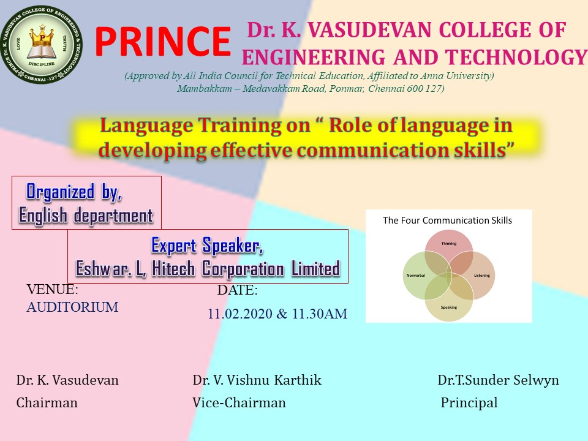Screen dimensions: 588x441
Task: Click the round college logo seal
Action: [x=41, y=44]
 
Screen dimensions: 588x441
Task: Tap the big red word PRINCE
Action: [x=163, y=41]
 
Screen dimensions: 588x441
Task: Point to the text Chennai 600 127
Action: [x=405, y=88]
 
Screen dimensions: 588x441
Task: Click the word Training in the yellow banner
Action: [x=239, y=126]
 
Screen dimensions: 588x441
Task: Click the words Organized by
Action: [x=74, y=192]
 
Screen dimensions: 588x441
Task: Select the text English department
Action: [x=86, y=216]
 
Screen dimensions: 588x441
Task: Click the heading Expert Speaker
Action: [x=207, y=246]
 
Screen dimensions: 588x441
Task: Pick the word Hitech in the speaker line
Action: [x=173, y=269]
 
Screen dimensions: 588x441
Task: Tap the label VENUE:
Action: [x=53, y=289]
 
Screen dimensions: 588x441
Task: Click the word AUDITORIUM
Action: [x=72, y=307]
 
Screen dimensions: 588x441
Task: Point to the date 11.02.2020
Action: [x=240, y=314]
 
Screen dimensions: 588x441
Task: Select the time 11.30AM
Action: [x=320, y=314]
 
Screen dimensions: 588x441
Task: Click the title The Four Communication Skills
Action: [x=447, y=220]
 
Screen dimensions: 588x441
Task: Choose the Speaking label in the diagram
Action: [x=449, y=307]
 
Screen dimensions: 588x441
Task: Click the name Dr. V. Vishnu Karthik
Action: [x=257, y=380]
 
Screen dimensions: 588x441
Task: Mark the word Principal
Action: [x=469, y=403]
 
